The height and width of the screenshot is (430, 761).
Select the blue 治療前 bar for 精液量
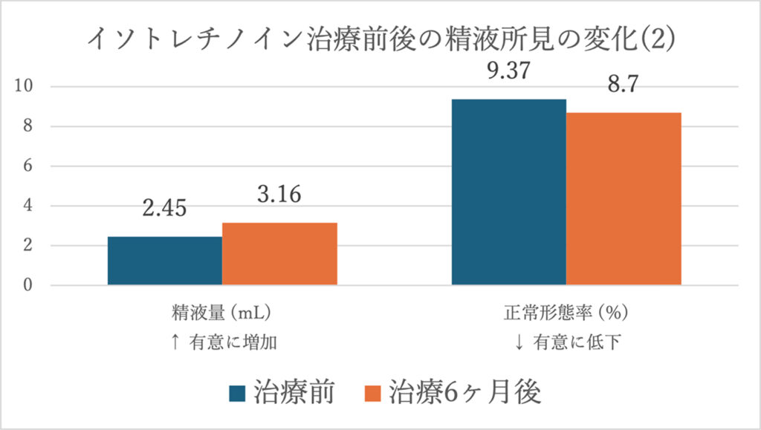click(164, 261)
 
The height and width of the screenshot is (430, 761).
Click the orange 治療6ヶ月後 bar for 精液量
click(279, 254)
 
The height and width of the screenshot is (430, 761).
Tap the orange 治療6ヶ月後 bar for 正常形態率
click(624, 198)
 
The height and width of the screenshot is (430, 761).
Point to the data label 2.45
click(164, 209)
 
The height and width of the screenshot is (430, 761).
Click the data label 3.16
click(279, 195)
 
